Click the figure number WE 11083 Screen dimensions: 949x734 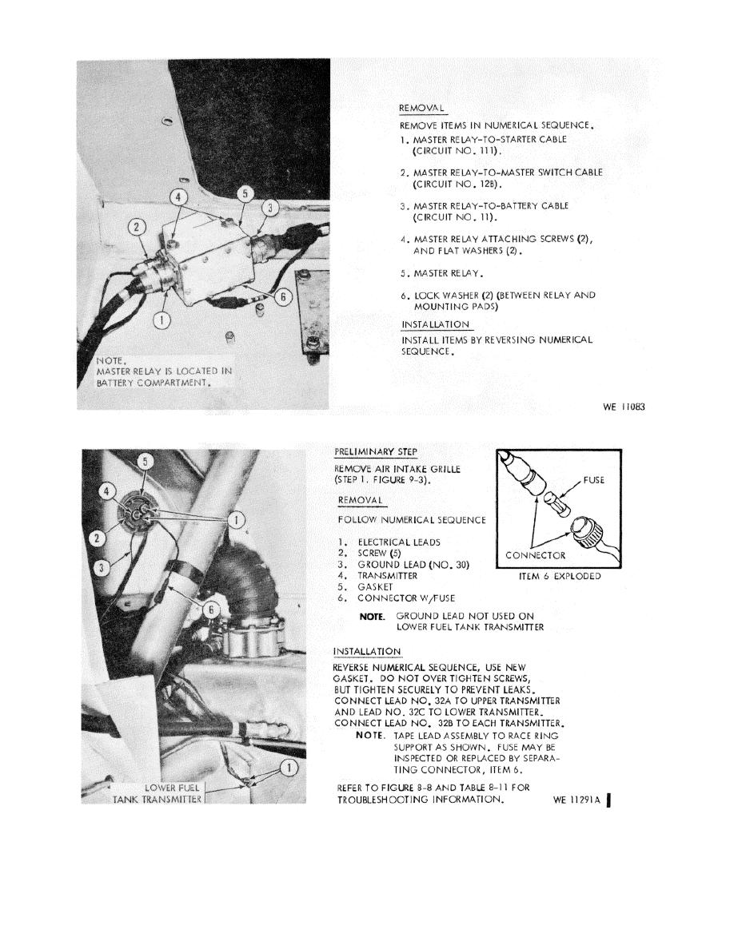(x=624, y=407)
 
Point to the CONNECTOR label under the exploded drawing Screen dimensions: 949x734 (x=537, y=555)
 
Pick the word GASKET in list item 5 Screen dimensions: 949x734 (x=375, y=586)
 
